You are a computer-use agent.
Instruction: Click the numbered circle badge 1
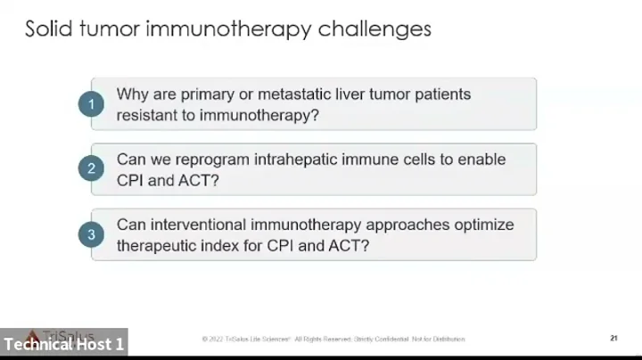(x=90, y=104)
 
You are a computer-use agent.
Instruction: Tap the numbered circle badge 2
(x=90, y=169)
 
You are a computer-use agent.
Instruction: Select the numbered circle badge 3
(x=90, y=235)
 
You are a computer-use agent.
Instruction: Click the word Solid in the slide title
(x=47, y=29)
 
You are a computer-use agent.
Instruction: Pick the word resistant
(x=149, y=116)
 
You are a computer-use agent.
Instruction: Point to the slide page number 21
(x=613, y=339)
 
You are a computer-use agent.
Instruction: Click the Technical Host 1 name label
(x=63, y=344)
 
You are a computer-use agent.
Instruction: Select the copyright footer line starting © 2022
(x=333, y=340)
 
